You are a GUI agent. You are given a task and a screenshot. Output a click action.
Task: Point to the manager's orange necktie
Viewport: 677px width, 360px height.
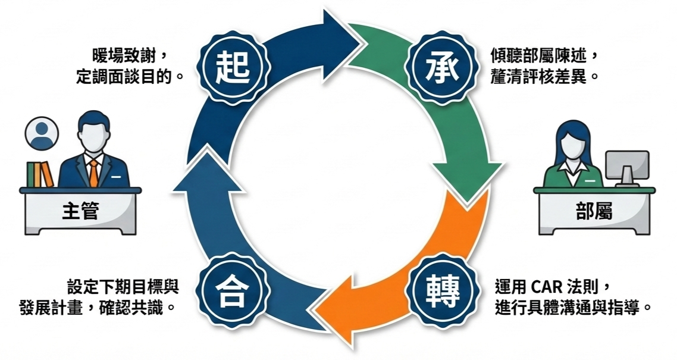coord(93,172)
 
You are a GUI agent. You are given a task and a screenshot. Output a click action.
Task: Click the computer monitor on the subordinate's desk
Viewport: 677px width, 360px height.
coord(626,164)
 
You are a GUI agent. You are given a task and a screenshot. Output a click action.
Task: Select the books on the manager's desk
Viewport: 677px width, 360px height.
coord(39,174)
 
